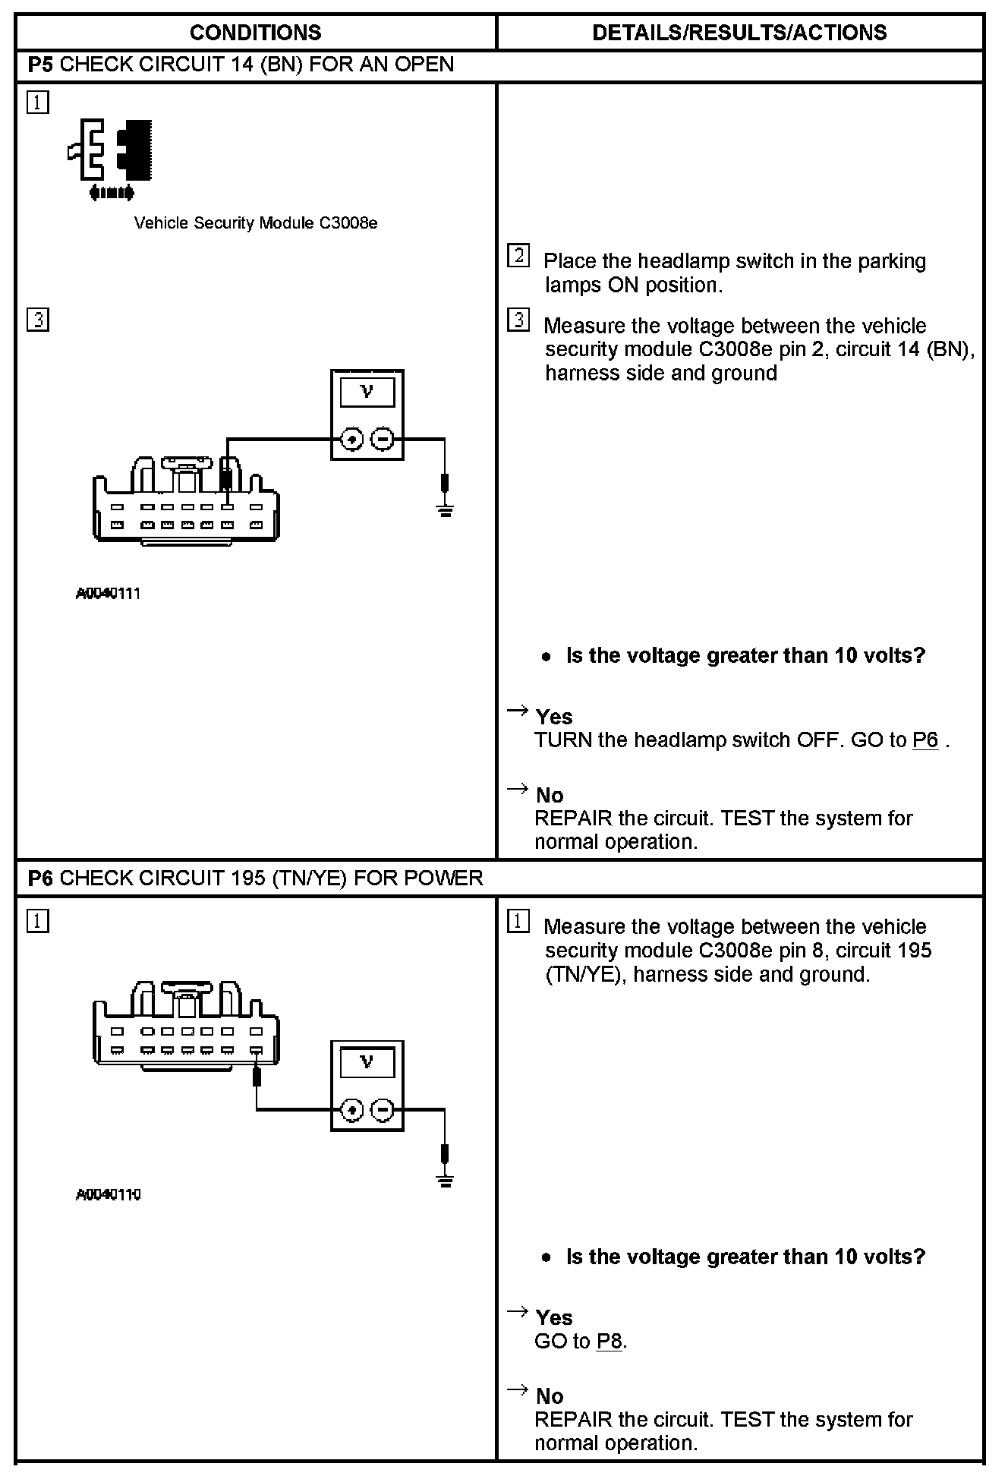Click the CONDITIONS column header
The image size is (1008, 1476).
click(255, 33)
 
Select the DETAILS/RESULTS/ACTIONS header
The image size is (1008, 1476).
click(739, 33)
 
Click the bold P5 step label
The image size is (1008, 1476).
click(40, 65)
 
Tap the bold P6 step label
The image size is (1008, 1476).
click(40, 878)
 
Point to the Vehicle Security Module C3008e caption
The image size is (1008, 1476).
click(256, 223)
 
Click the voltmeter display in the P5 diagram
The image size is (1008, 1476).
click(367, 392)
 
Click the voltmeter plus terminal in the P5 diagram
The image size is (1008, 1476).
click(351, 439)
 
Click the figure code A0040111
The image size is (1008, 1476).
click(108, 594)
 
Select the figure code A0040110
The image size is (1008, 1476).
click(108, 1194)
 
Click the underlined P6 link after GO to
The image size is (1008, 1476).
click(925, 740)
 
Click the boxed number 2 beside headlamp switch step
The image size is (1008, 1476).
click(518, 256)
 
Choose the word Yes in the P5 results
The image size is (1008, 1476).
click(554, 717)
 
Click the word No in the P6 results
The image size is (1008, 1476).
click(550, 1396)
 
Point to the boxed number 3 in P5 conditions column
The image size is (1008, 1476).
click(37, 320)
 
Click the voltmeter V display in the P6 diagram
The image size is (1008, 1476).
click(367, 1062)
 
